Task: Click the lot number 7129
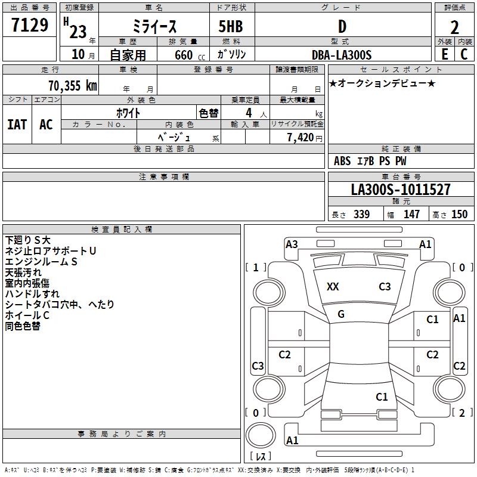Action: [30, 25]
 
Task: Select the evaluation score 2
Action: [454, 27]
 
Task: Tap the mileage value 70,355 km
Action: [73, 86]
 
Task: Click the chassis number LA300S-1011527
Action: [401, 189]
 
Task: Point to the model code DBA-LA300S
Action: [342, 55]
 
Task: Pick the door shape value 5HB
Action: [231, 26]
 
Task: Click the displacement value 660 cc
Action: [190, 55]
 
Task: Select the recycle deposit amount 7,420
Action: [301, 137]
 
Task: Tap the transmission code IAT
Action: [17, 125]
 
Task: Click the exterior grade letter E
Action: [445, 54]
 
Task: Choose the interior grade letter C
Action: [464, 54]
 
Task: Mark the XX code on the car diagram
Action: [333, 287]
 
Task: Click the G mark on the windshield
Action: [341, 314]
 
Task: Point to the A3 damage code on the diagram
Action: [292, 244]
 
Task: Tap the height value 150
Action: [459, 214]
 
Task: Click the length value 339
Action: [361, 214]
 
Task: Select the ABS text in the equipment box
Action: [342, 161]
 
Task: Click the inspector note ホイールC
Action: [27, 315]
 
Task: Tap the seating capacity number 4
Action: [249, 113]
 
